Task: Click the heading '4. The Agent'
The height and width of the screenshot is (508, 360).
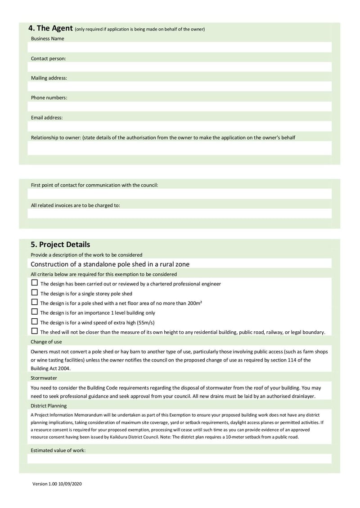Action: (x=50, y=28)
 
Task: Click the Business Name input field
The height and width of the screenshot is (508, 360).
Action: (x=180, y=47)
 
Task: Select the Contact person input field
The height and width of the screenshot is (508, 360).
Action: (x=180, y=67)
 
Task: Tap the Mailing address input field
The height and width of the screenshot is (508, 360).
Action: (x=180, y=86)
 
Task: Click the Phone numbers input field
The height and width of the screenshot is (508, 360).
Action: (x=180, y=106)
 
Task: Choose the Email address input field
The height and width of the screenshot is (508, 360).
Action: (x=180, y=126)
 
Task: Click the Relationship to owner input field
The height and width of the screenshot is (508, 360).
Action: (x=180, y=148)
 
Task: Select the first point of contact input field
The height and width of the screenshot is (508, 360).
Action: (x=180, y=194)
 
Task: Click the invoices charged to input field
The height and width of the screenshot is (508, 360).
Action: (x=180, y=214)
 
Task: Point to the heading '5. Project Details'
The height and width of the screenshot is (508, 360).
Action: (x=60, y=245)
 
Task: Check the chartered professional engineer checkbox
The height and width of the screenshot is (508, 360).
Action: (x=35, y=283)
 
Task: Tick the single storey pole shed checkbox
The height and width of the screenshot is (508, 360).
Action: (x=35, y=293)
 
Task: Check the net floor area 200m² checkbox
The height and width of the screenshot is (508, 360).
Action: (x=35, y=302)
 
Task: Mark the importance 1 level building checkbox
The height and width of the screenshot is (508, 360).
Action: (x=35, y=312)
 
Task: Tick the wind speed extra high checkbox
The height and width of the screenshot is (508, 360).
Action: (x=35, y=321)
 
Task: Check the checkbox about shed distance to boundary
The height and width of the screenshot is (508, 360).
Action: (x=35, y=331)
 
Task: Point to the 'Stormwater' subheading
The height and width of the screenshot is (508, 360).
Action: (x=44, y=378)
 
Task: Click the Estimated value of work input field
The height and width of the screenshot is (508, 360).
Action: (x=180, y=459)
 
